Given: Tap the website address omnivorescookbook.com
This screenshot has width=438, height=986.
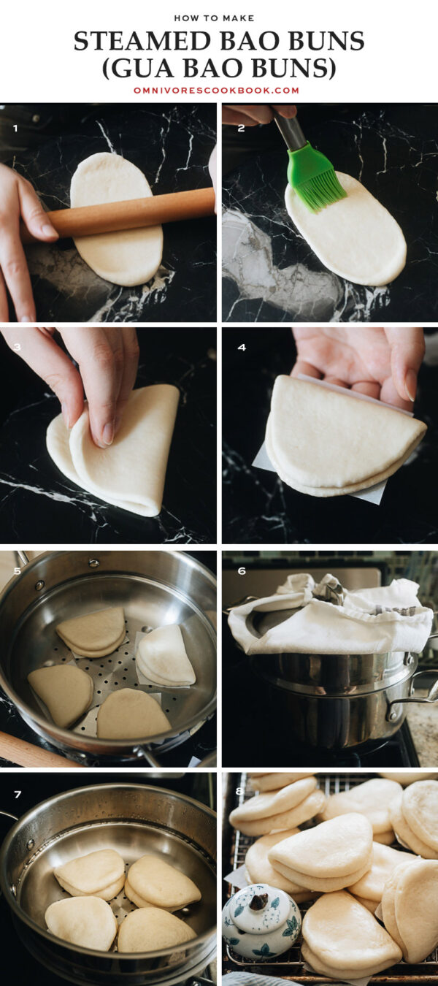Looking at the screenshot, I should (x=217, y=91).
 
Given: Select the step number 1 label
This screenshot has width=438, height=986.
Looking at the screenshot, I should (x=15, y=129).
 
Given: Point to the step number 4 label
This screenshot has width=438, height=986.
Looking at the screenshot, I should (x=242, y=347).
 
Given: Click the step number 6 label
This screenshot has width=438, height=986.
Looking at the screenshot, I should (x=242, y=571).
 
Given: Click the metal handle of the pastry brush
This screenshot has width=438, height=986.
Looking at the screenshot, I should (x=288, y=131).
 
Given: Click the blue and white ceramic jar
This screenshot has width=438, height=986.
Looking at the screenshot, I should (x=261, y=922).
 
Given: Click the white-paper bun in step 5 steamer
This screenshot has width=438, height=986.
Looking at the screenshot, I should (x=166, y=655).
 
